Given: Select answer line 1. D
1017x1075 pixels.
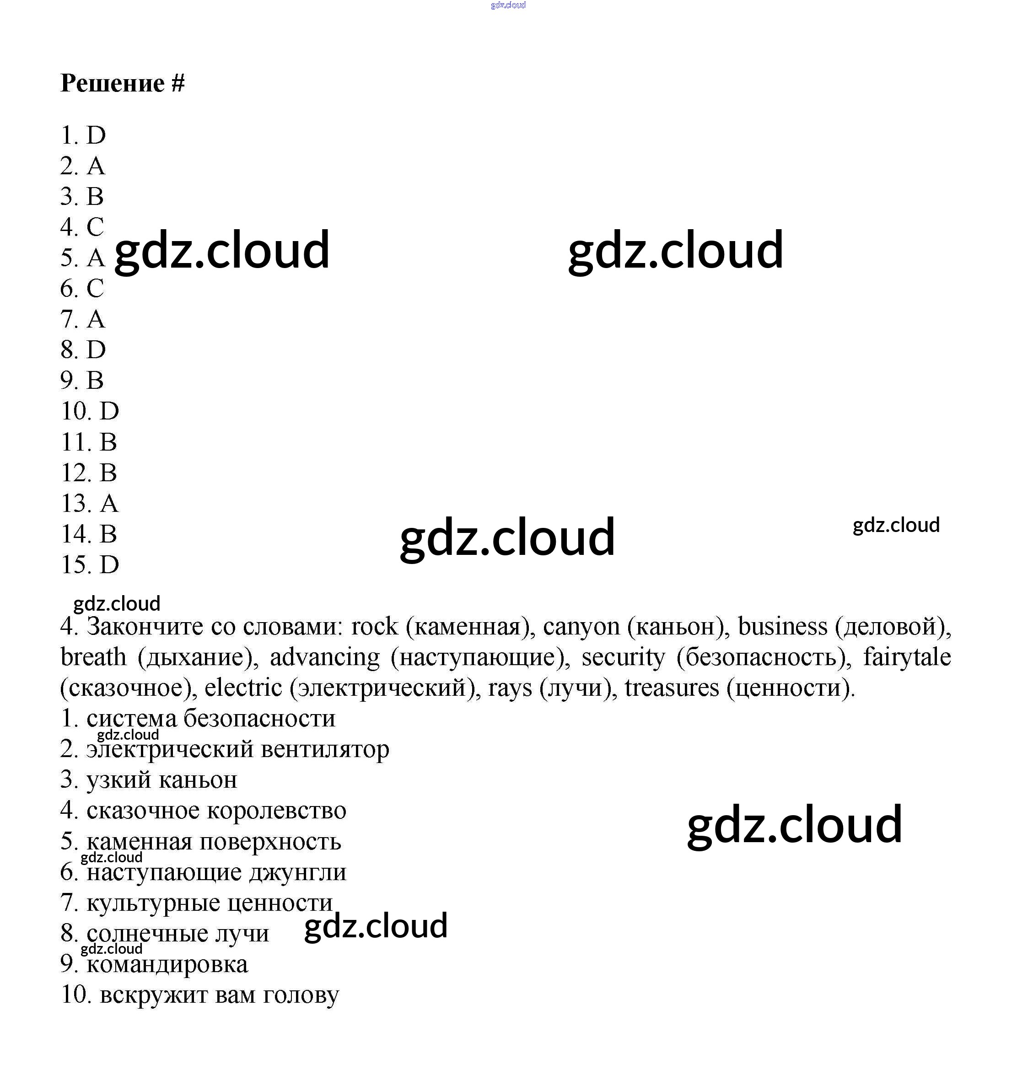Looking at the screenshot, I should click(83, 135).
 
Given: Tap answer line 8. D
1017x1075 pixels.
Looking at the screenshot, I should click(83, 349).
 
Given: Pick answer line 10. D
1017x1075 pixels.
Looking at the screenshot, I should click(90, 411).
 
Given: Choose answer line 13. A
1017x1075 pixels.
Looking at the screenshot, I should click(90, 503).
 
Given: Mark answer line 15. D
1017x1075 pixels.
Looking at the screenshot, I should click(90, 564).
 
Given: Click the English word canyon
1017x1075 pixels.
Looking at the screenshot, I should click(581, 627).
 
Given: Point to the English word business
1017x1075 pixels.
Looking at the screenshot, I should click(782, 627).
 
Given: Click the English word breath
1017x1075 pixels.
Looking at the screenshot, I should click(93, 657).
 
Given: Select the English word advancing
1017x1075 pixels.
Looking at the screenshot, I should click(325, 657).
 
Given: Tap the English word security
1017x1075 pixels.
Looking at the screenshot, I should click(623, 657).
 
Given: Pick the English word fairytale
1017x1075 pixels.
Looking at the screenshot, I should click(906, 657).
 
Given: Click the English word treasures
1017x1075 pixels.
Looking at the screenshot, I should click(671, 688).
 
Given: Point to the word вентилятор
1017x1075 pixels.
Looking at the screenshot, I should click(325, 749).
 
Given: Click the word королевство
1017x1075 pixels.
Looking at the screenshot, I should click(276, 811).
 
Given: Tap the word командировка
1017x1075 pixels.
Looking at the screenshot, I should click(167, 964).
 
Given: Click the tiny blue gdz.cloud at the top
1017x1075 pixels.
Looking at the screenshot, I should click(508, 5).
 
